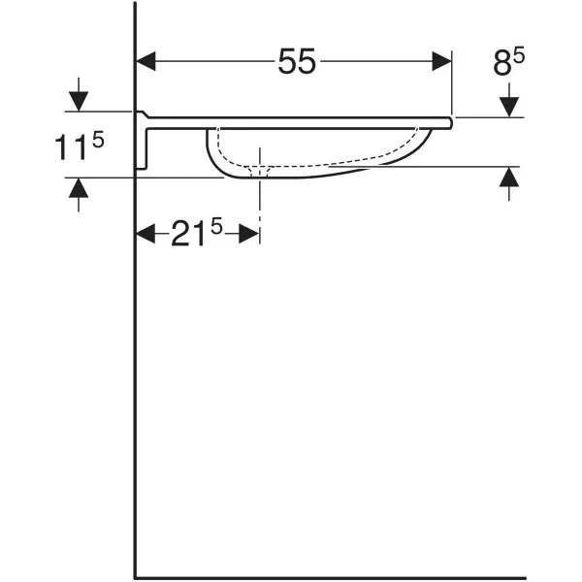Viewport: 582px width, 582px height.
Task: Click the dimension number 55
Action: [297, 61]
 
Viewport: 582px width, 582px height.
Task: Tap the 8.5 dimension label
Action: [508, 63]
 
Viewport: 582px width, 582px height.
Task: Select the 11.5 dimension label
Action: [80, 146]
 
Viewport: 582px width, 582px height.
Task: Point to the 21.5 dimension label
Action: [196, 232]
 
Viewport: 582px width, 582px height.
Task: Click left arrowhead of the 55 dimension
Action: [145, 61]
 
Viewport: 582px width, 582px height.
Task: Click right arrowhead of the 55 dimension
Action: [441, 61]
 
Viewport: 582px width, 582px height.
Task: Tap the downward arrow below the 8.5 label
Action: [509, 100]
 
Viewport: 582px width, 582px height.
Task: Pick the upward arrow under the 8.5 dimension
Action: [509, 183]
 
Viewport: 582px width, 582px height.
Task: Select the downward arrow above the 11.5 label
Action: [79, 94]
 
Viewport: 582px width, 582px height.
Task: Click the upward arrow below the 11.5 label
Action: [79, 195]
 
